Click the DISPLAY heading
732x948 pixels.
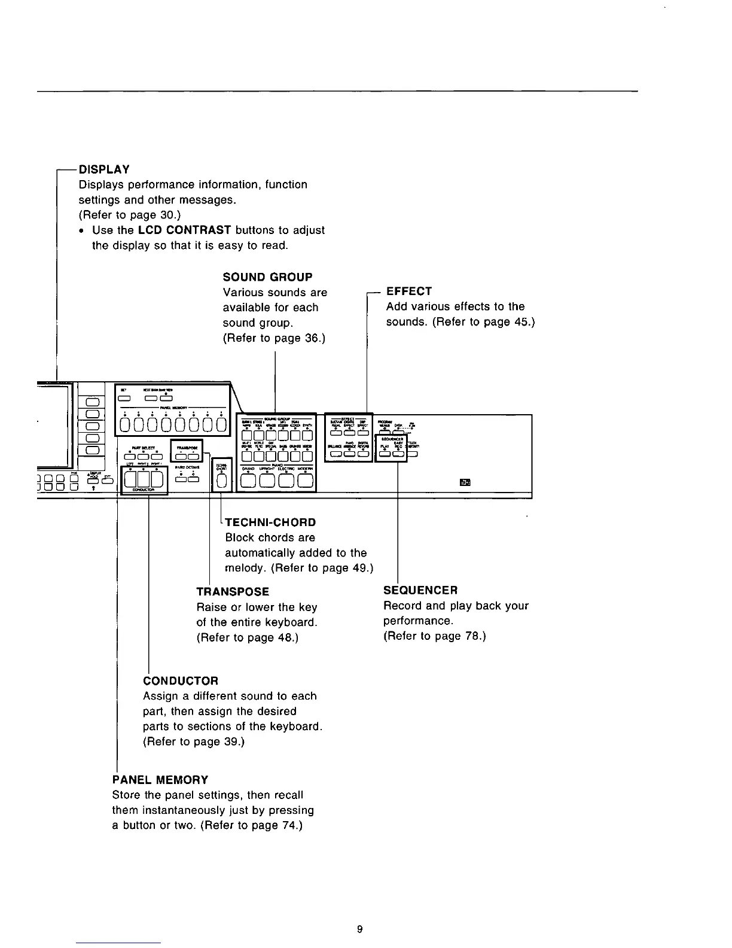104,169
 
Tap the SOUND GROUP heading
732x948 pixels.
267,277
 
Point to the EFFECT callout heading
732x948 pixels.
409,291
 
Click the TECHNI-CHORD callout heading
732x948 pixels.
270,522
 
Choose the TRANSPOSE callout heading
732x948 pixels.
233,592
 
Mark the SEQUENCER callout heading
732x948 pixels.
420,591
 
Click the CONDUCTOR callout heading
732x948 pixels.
181,681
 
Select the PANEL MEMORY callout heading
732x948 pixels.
160,780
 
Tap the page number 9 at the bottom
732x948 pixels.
359,929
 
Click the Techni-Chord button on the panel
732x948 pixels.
221,481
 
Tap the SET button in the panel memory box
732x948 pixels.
124,399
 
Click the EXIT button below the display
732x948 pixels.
107,479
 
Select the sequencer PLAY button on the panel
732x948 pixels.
385,453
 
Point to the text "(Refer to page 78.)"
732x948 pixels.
434,636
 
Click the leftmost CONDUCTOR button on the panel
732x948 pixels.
130,479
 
